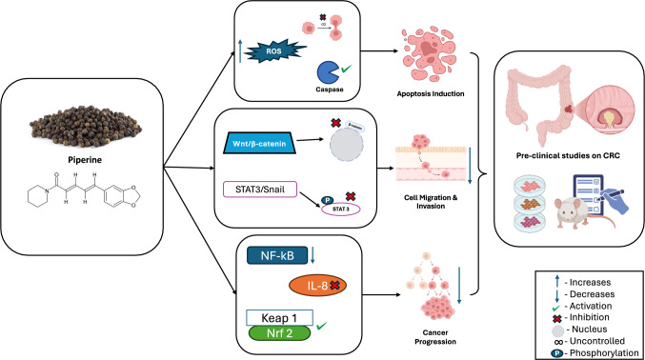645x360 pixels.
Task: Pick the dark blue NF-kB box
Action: (x=274, y=255)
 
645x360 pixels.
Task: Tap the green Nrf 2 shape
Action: (x=280, y=333)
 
